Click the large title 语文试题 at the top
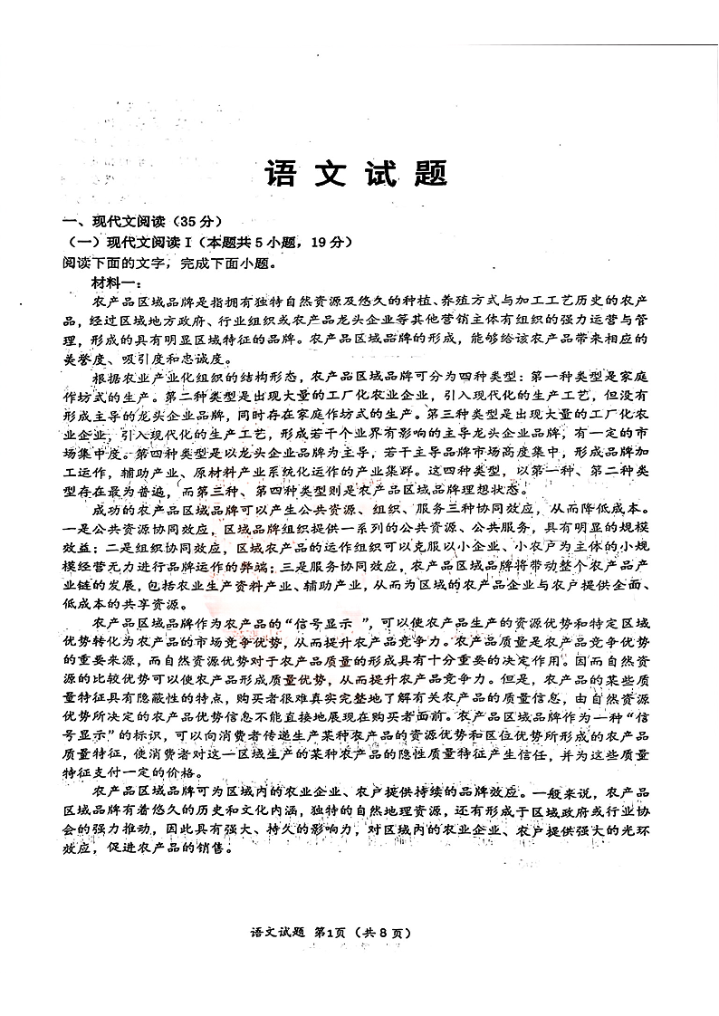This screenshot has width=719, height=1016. (x=356, y=176)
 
